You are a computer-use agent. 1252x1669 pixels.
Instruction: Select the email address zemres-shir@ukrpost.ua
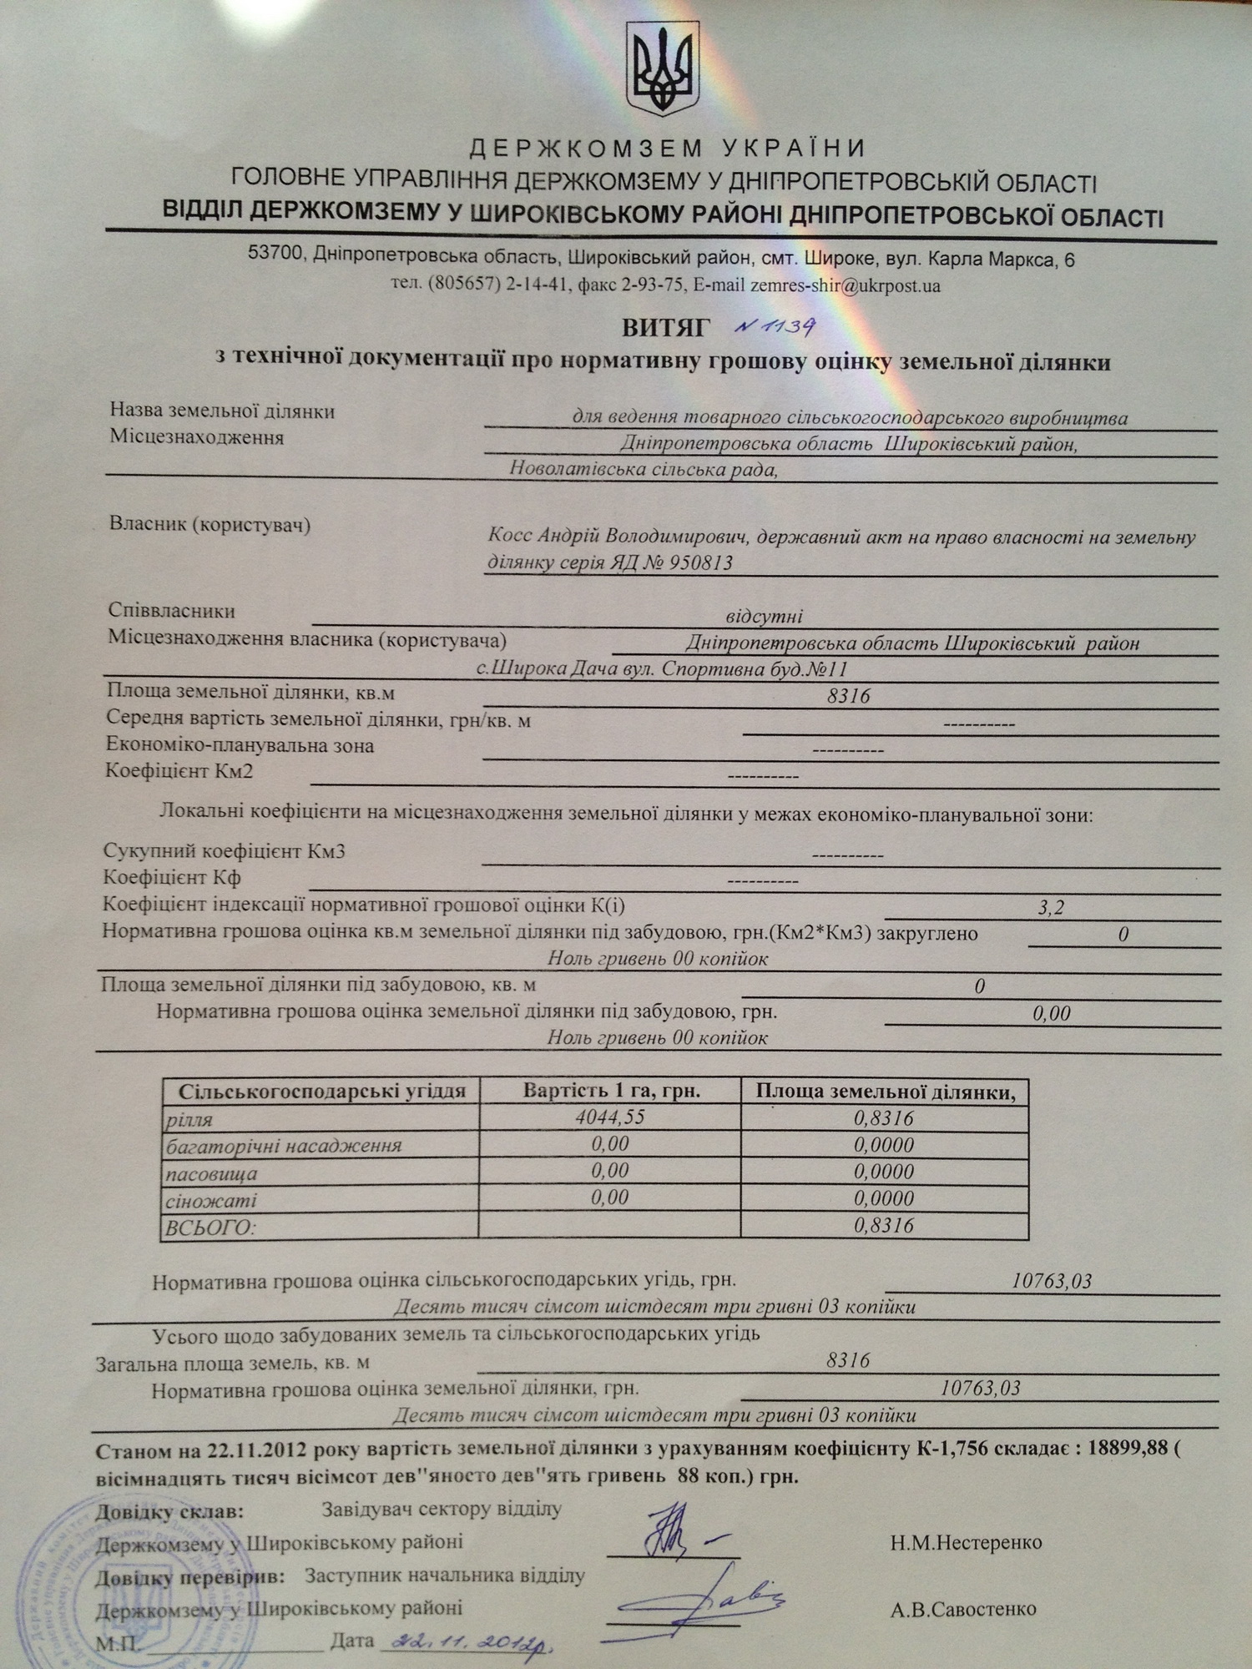click(x=846, y=285)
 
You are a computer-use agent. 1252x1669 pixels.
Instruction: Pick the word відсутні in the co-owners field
click(x=764, y=617)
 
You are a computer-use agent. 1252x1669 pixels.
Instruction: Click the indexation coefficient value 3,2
click(x=1051, y=907)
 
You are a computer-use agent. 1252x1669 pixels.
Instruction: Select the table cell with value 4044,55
click(x=609, y=1117)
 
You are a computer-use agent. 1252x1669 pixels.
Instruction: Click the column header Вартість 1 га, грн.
click(x=611, y=1091)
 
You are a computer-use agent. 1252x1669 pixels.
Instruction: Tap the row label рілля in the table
click(x=190, y=1119)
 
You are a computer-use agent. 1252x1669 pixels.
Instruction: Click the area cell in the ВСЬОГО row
click(x=884, y=1225)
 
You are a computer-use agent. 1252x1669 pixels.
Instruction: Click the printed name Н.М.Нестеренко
click(x=966, y=1543)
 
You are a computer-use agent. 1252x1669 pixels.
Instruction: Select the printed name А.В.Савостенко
click(x=963, y=1608)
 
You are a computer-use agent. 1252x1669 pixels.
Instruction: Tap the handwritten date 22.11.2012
click(x=467, y=1642)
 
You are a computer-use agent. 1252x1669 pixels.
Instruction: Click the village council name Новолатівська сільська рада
click(x=644, y=469)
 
